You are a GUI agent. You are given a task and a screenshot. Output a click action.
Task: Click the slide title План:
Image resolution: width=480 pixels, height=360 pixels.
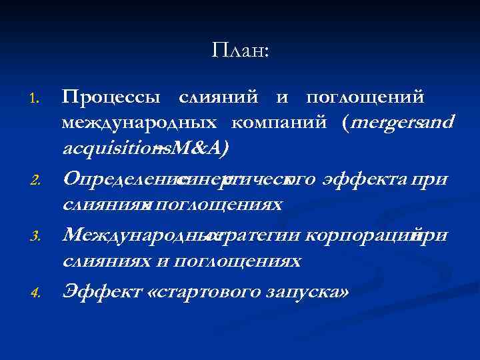pos(241,50)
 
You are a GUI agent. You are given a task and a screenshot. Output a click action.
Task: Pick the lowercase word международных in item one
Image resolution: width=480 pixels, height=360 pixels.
pos(138,123)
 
